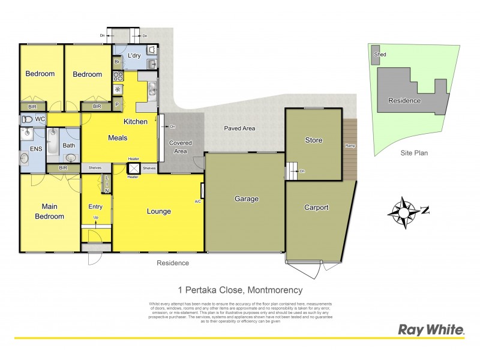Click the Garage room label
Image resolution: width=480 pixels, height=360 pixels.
click(x=246, y=199)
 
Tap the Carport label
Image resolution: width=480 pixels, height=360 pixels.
click(x=316, y=208)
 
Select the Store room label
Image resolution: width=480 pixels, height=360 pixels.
click(x=314, y=140)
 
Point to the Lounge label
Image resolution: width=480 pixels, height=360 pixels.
click(x=159, y=211)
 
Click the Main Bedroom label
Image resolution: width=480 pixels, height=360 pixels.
click(x=49, y=211)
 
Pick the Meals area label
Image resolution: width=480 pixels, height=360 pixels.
click(x=118, y=138)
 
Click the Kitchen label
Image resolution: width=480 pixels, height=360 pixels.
click(x=136, y=122)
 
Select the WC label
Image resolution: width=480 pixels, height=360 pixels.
click(x=40, y=119)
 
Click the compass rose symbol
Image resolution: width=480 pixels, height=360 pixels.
click(x=403, y=211)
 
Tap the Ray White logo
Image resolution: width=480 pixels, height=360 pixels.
click(x=431, y=329)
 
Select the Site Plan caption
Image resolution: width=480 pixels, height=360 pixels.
click(x=414, y=153)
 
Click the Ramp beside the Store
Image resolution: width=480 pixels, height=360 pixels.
click(x=350, y=146)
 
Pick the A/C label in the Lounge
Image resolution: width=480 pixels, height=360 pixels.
click(x=197, y=202)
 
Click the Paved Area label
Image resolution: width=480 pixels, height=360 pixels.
click(x=240, y=128)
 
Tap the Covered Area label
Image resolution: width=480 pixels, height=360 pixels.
click(x=181, y=147)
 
